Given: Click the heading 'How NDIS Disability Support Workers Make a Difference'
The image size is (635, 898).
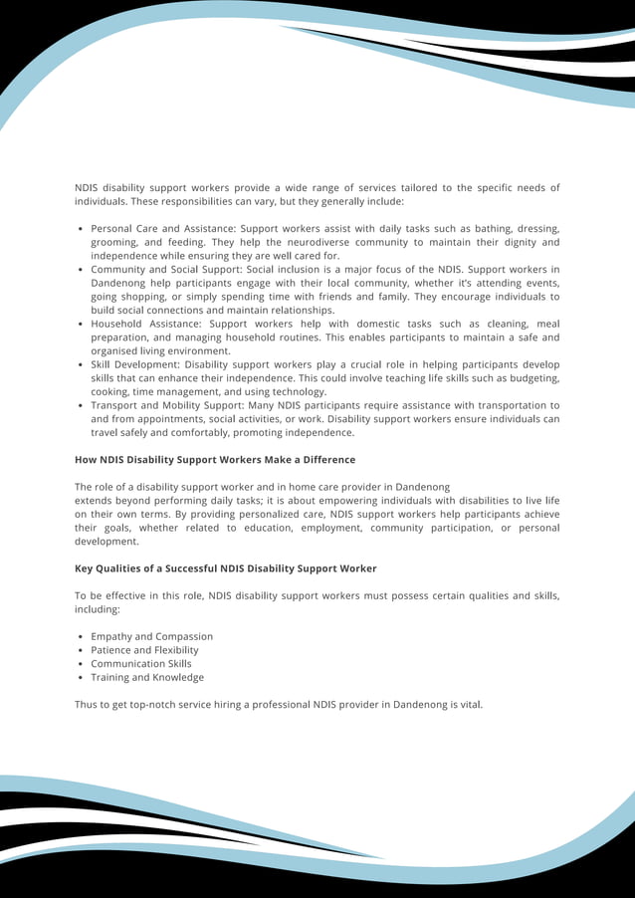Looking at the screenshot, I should coord(215,460).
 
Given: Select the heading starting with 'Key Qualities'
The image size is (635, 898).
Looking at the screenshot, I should coord(225,568).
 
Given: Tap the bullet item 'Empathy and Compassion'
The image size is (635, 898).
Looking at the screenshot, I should coord(151,636).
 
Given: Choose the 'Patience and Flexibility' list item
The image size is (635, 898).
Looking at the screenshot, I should coord(144,650).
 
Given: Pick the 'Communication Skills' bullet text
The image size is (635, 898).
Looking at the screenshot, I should coord(140,664).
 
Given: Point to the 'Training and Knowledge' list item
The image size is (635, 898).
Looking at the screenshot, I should coord(147,677).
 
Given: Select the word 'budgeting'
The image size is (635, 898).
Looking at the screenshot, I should coord(533,378).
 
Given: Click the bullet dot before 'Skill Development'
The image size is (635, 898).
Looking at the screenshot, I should coord(80,365).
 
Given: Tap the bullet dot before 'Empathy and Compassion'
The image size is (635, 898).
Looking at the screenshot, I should coord(80,636).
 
